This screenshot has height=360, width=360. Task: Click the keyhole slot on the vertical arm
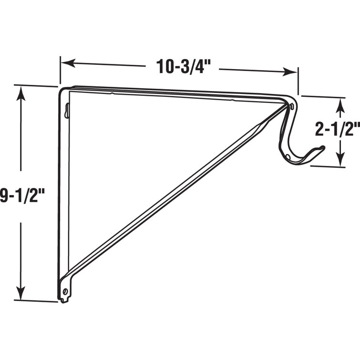(x=66, y=111)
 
